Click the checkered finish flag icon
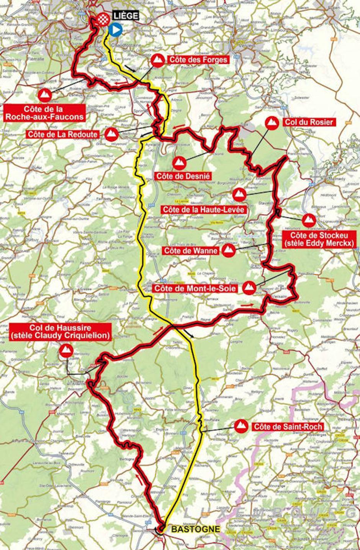(102, 19)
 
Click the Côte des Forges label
(198, 59)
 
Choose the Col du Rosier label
(309, 122)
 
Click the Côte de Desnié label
(183, 176)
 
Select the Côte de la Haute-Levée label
(203, 209)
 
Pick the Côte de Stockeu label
(317, 238)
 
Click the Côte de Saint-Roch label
(287, 427)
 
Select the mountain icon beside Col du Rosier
(272, 123)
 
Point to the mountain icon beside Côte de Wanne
(229, 251)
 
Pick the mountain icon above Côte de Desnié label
(178, 163)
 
